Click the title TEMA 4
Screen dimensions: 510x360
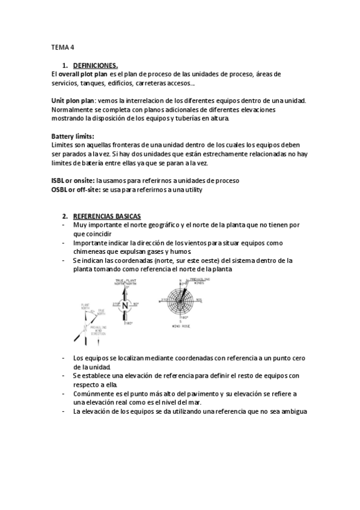tap(62, 46)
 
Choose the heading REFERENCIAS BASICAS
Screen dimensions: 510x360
tap(106, 216)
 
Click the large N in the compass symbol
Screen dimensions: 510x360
tap(125, 306)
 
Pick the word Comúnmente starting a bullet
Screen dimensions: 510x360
tap(96, 393)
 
